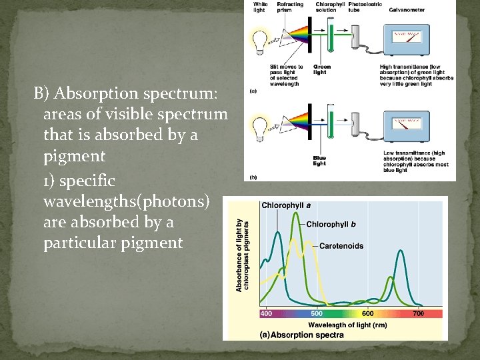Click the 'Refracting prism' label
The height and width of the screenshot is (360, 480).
pyautogui.click(x=289, y=7)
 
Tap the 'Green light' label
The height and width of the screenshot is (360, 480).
pyautogui.click(x=322, y=69)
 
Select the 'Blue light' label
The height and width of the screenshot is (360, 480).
pyautogui.click(x=320, y=161)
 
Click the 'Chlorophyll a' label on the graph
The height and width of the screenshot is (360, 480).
pyautogui.click(x=286, y=205)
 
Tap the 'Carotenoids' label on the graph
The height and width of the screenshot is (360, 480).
pyautogui.click(x=341, y=246)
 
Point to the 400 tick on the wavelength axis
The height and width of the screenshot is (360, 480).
pyautogui.click(x=266, y=313)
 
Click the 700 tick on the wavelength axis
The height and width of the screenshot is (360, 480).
pyautogui.click(x=418, y=313)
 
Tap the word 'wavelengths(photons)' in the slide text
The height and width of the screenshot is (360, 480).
pyautogui.click(x=126, y=201)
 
